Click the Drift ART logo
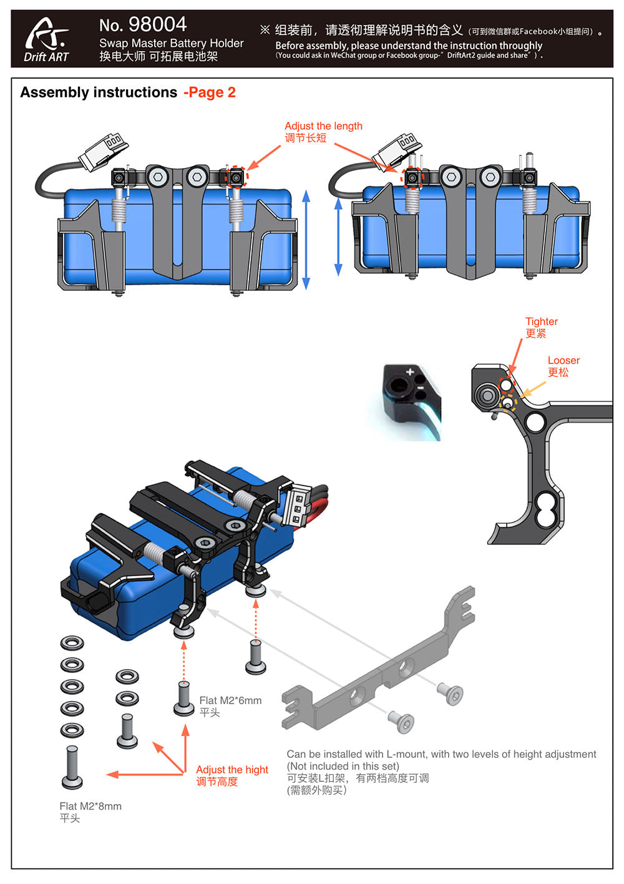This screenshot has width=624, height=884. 46,39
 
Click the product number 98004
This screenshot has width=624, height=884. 157,24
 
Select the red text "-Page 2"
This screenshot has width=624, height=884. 210,92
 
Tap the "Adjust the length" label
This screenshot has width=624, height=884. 323,126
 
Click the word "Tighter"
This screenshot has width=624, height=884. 542,322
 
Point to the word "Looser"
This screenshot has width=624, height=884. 563,360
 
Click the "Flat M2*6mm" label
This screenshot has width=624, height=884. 230,700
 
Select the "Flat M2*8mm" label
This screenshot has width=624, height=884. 90,806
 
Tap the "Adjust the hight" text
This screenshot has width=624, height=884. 232,770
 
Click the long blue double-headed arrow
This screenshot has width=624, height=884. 306,240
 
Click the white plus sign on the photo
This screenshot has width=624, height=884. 410,373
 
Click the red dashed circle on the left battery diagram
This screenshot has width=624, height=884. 236,177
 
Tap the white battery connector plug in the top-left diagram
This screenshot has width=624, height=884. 103,150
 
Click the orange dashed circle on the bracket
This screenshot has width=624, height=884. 509,403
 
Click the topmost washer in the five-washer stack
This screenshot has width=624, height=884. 72,643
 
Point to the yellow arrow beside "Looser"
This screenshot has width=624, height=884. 532,390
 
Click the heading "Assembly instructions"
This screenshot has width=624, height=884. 99,92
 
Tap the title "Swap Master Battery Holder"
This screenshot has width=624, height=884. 171,43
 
